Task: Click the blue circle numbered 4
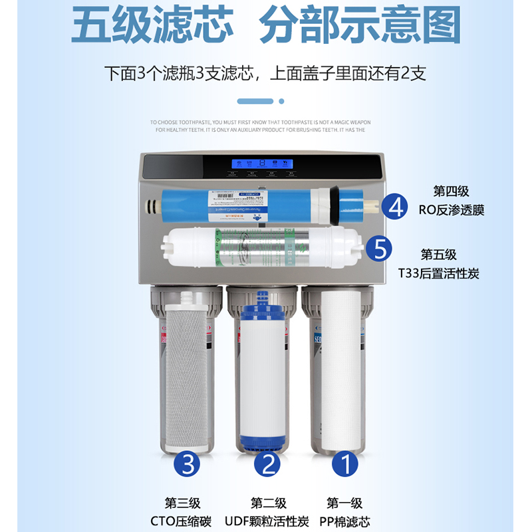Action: click(397, 206)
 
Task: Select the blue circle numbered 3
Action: click(188, 464)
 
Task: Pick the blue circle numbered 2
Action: click(269, 464)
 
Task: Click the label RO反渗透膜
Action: click(452, 210)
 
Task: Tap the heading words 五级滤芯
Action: click(152, 27)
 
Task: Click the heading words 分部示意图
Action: click(360, 27)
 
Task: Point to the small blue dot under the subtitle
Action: click(281, 101)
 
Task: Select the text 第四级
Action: click(452, 192)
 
